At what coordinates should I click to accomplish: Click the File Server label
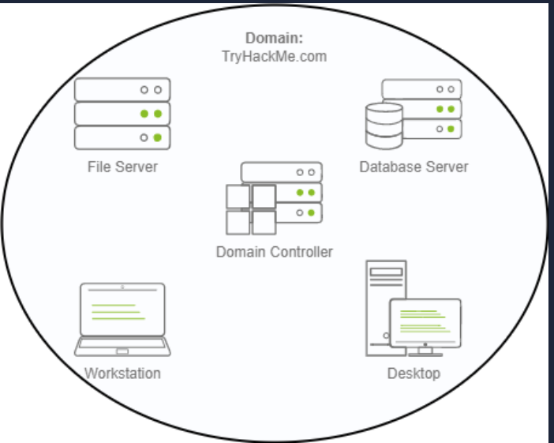[x=122, y=167]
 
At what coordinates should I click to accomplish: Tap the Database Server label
[x=414, y=167]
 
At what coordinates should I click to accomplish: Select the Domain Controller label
[x=275, y=252]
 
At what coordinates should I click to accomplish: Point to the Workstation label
[x=122, y=373]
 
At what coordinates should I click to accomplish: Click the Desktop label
[x=414, y=373]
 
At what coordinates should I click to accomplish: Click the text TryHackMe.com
[x=274, y=56]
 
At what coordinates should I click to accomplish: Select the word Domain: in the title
[x=274, y=38]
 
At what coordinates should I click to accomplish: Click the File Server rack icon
[x=122, y=114]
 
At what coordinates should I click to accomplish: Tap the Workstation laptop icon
[x=122, y=320]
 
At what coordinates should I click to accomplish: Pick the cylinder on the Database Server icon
[x=384, y=127]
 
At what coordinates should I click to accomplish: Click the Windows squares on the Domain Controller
[x=251, y=209]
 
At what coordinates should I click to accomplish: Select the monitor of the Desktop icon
[x=425, y=322]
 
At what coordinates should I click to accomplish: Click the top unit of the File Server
[x=122, y=90]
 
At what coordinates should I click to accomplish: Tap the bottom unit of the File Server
[x=122, y=137]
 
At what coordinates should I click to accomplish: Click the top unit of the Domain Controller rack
[x=282, y=171]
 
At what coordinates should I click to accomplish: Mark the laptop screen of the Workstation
[x=122, y=310]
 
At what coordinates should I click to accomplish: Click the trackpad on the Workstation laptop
[x=122, y=351]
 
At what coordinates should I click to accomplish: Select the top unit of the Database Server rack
[x=422, y=88]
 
